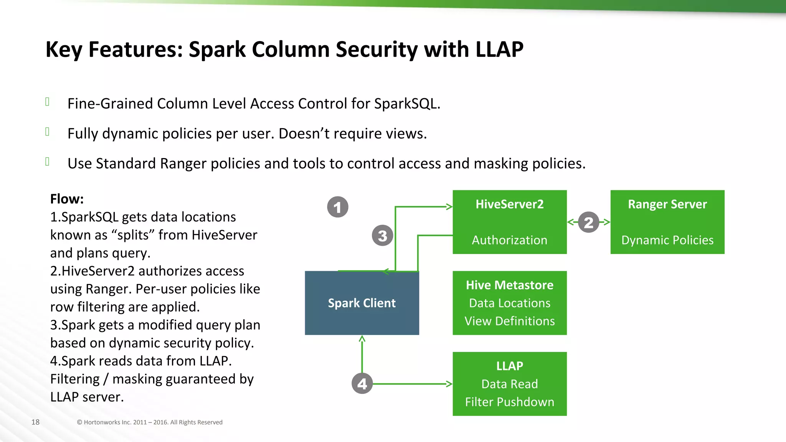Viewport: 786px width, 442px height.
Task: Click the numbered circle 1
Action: tap(338, 207)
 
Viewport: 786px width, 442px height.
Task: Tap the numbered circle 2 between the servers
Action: tap(588, 222)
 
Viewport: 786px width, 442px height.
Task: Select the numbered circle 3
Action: tap(382, 236)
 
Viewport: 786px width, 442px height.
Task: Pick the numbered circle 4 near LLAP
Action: tap(362, 383)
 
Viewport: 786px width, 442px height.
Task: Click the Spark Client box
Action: tap(362, 303)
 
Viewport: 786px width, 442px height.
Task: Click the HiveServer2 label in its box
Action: tap(509, 204)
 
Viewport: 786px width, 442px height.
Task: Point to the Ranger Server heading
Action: tap(667, 204)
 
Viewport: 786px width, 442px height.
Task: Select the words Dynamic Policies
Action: tap(667, 240)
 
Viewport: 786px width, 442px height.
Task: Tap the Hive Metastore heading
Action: tap(509, 285)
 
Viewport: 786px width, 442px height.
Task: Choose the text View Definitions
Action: tap(509, 321)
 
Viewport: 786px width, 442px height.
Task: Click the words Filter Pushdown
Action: tap(509, 402)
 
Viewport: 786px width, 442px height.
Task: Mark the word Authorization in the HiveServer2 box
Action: tap(509, 240)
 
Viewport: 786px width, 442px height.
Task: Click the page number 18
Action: tap(35, 422)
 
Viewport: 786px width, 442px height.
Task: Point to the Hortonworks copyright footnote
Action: tap(150, 422)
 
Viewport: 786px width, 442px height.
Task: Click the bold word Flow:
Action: tap(67, 199)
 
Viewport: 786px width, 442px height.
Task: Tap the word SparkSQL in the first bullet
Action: tap(406, 104)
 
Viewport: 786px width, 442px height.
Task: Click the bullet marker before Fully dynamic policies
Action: tap(47, 132)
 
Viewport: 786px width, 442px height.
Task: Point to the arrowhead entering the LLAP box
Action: tap(449, 384)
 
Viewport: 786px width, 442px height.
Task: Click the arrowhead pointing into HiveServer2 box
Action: tap(449, 207)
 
